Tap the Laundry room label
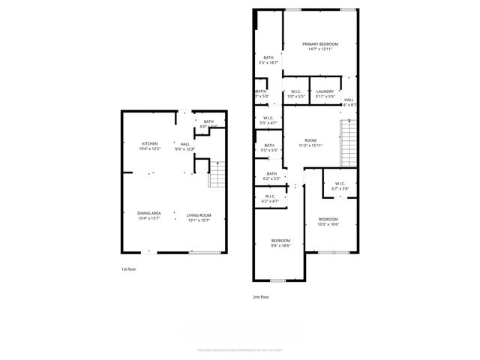pyautogui.click(x=325, y=93)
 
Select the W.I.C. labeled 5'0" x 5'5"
pyautogui.click(x=297, y=93)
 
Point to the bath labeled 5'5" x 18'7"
pyautogui.click(x=268, y=60)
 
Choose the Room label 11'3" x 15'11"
pyautogui.click(x=310, y=142)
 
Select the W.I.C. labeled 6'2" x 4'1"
pyautogui.click(x=269, y=199)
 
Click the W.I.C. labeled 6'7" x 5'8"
pyautogui.click(x=339, y=186)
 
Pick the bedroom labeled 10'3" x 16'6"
pyautogui.click(x=328, y=221)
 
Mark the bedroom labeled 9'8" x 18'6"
pyautogui.click(x=280, y=242)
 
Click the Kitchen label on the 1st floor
pyautogui.click(x=150, y=145)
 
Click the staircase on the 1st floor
pyautogui.click(x=216, y=175)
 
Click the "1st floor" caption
pyautogui.click(x=129, y=268)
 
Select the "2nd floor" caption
pyautogui.click(x=260, y=297)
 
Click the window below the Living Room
pyautogui.click(x=199, y=253)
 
